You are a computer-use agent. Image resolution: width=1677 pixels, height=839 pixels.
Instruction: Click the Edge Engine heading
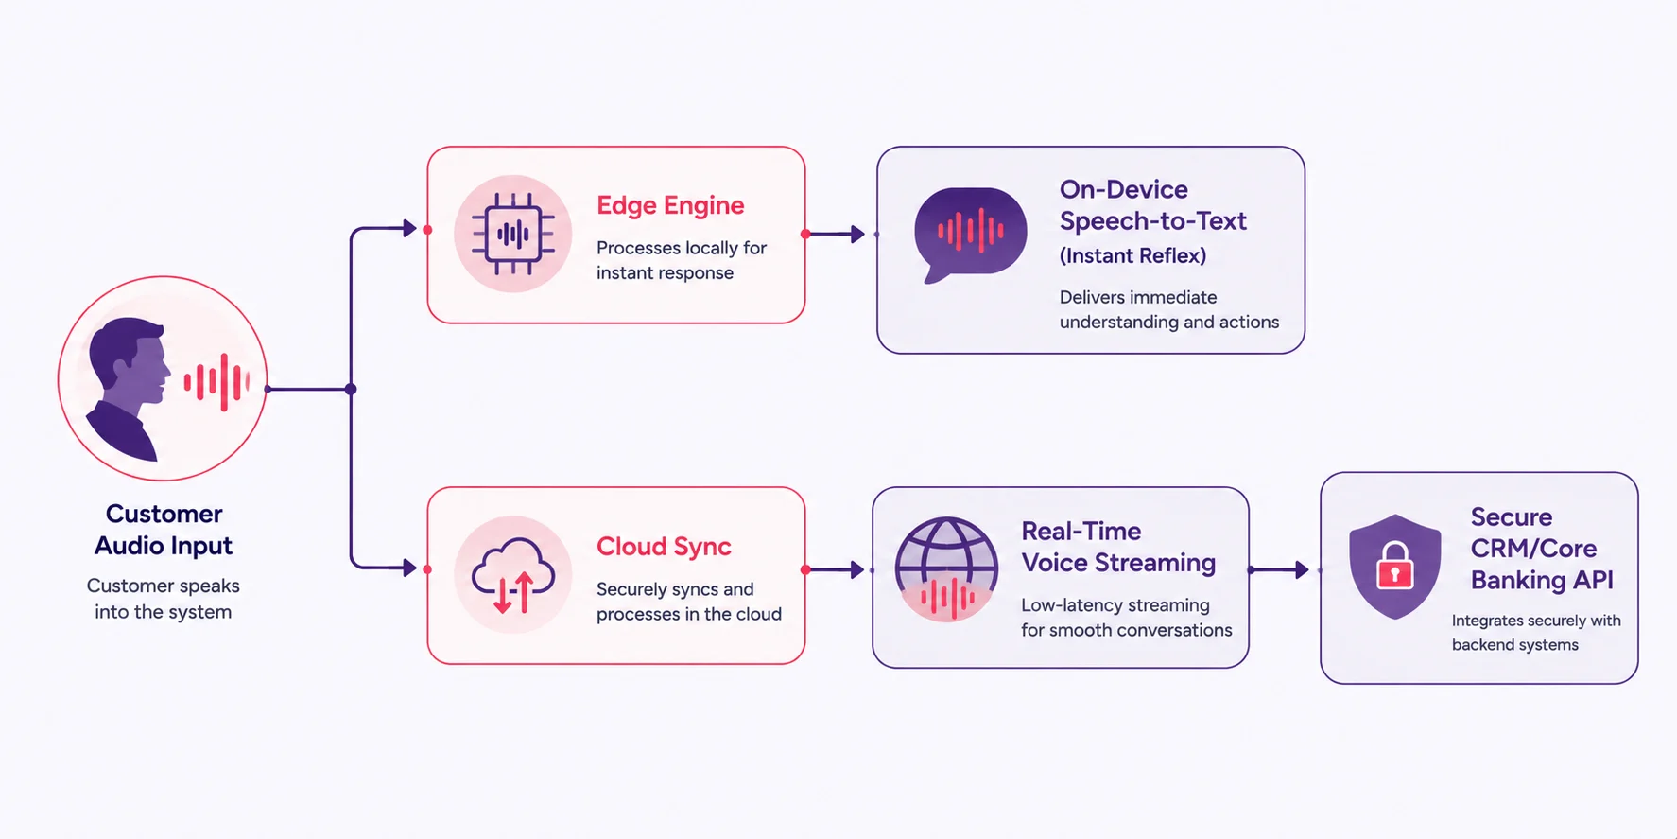(670, 206)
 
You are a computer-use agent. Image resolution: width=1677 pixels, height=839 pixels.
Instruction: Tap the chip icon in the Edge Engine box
(513, 234)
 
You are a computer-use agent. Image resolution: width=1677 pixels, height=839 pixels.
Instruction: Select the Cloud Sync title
(664, 547)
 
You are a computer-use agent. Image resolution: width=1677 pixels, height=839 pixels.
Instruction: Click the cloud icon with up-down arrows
(513, 575)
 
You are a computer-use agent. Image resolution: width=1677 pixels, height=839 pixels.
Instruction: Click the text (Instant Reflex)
(1132, 255)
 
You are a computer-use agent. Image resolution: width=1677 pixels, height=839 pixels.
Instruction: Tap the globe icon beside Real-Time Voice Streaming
(946, 568)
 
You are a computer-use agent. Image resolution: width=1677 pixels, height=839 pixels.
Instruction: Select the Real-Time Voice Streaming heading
(1118, 547)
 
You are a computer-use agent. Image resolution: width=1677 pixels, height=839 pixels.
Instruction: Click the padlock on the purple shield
(1394, 566)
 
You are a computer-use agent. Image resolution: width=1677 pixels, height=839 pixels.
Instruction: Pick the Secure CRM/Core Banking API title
(1541, 549)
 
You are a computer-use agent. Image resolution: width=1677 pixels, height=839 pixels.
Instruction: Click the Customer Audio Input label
(164, 530)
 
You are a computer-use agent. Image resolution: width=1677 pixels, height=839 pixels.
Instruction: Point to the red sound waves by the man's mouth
(216, 382)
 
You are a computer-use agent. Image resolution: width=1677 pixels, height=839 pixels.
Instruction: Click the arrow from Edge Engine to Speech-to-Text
(836, 234)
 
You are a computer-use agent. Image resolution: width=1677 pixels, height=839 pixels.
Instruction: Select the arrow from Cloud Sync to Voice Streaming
(836, 569)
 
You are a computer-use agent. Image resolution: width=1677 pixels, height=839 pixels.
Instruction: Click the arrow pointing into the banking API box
(1280, 570)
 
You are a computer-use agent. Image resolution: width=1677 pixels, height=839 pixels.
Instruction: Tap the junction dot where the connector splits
(351, 389)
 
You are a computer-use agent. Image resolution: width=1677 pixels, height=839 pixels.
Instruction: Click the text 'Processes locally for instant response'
(681, 260)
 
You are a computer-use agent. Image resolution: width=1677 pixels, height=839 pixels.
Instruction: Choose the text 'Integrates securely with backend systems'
(1536, 633)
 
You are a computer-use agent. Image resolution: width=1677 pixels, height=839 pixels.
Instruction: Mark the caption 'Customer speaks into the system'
(164, 599)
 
